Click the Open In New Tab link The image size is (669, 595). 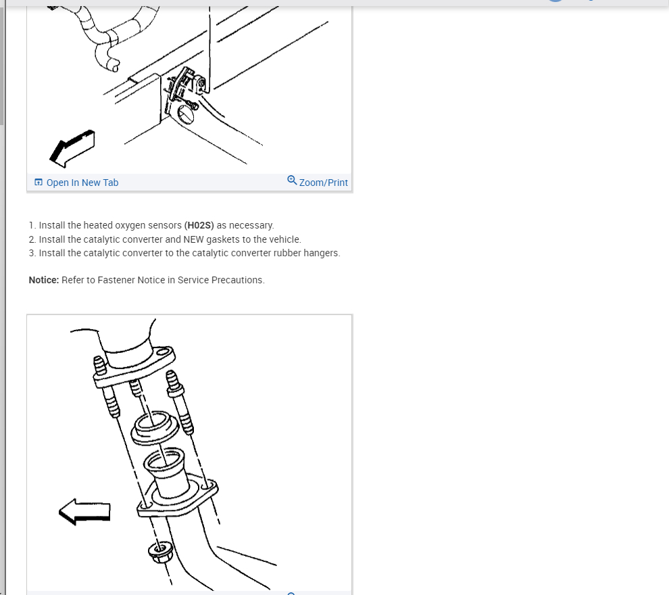[x=82, y=183]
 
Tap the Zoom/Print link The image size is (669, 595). [x=324, y=183]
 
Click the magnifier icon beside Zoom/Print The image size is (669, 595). [x=292, y=180]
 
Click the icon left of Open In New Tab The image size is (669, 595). [x=39, y=183]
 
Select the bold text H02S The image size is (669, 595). [x=199, y=225]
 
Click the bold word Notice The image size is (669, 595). [x=43, y=280]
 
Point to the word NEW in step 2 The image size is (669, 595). [x=193, y=239]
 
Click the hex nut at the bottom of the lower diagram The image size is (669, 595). [x=159, y=552]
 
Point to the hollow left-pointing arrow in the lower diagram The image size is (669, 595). [x=84, y=511]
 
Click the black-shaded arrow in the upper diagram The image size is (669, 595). [x=72, y=149]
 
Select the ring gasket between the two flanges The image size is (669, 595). [x=153, y=427]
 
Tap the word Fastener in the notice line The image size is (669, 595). [x=115, y=280]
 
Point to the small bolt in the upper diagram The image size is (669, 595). [x=191, y=105]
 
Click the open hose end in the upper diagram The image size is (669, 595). [x=115, y=66]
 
